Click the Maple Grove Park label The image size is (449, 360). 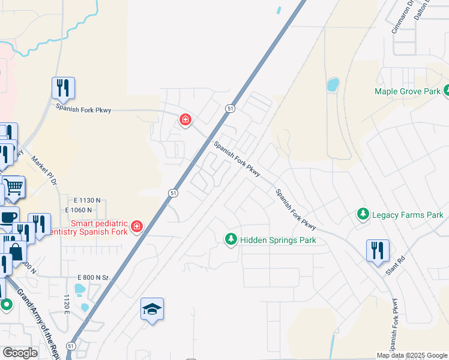click(x=408, y=92)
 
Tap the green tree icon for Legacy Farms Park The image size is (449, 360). click(x=363, y=214)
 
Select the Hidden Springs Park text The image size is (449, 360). click(x=278, y=240)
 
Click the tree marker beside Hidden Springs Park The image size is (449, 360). click(x=231, y=239)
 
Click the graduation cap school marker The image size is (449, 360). click(x=152, y=309)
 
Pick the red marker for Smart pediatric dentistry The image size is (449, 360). click(x=137, y=226)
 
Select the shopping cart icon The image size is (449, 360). click(x=14, y=186)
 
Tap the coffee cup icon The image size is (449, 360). click(x=9, y=217)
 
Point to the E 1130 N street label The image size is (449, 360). click(x=88, y=200)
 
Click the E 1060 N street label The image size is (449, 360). click(x=79, y=210)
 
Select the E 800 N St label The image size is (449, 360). click(x=92, y=278)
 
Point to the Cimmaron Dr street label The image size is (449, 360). click(x=402, y=23)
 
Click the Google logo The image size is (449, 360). click(x=20, y=353)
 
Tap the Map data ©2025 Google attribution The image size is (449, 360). click(x=412, y=355)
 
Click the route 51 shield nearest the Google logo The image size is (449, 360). click(x=71, y=346)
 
